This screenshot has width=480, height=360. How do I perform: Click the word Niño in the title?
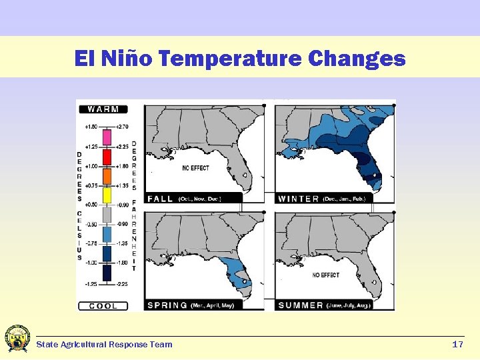129,59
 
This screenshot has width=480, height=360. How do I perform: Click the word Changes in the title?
357,59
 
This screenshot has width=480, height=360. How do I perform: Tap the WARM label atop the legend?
103,109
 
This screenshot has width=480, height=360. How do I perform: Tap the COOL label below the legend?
103,306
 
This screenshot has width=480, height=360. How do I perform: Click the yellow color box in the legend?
107,195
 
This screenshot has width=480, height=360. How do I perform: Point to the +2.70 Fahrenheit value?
123,126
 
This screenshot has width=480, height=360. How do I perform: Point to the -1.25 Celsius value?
90,283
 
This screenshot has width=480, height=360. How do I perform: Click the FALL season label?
161,199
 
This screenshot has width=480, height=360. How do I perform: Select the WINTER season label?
298,199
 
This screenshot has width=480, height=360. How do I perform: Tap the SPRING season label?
167,305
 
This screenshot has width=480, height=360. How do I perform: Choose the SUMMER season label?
300,305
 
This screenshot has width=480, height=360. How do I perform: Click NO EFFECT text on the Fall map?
195,169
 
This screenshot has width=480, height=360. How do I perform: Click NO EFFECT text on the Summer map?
326,275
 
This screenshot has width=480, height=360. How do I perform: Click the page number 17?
457,345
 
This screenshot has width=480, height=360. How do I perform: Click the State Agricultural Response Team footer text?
104,345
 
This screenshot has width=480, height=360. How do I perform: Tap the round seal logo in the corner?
17,339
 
